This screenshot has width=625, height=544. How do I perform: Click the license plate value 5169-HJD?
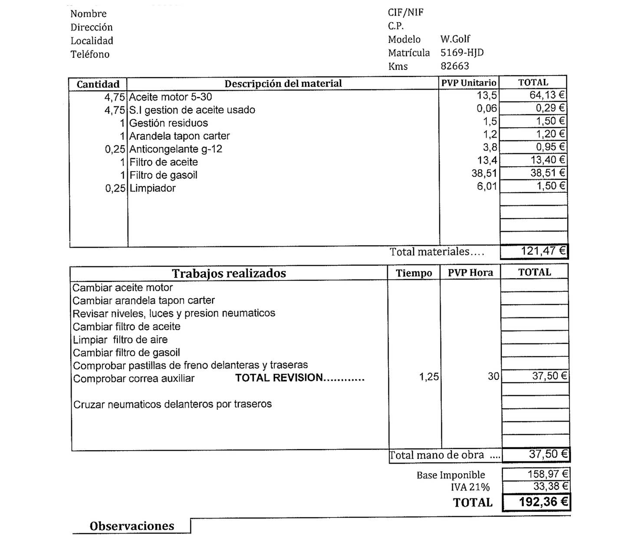pyautogui.click(x=462, y=53)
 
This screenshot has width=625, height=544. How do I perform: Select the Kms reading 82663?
pyautogui.click(x=454, y=66)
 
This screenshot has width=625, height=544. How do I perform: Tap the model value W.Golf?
pyautogui.click(x=455, y=39)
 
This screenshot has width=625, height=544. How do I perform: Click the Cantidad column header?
pyautogui.click(x=98, y=84)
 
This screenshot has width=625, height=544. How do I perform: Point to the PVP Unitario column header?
pyautogui.click(x=469, y=83)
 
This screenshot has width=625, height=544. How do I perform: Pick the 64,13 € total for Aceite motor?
pyautogui.click(x=547, y=95)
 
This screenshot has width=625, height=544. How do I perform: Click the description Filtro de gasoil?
pyautogui.click(x=163, y=175)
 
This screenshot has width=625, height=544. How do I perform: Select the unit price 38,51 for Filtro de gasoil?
pyautogui.click(x=484, y=173)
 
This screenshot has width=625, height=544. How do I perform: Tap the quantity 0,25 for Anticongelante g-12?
pyautogui.click(x=115, y=149)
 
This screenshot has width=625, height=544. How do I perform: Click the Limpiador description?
pyautogui.click(x=152, y=188)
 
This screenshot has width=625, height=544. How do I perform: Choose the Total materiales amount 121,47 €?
pyautogui.click(x=543, y=251)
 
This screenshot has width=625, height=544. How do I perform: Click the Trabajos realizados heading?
pyautogui.click(x=229, y=274)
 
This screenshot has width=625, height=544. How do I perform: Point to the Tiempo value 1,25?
pyautogui.click(x=429, y=377)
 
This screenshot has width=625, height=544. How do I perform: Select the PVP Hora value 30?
pyautogui.click(x=493, y=376)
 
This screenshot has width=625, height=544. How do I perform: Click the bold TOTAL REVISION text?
pyautogui.click(x=299, y=378)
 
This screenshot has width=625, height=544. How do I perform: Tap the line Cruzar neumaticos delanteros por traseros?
pyautogui.click(x=172, y=405)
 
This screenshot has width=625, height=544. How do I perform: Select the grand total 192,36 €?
pyautogui.click(x=543, y=502)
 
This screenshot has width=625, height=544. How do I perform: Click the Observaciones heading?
pyautogui.click(x=132, y=526)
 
